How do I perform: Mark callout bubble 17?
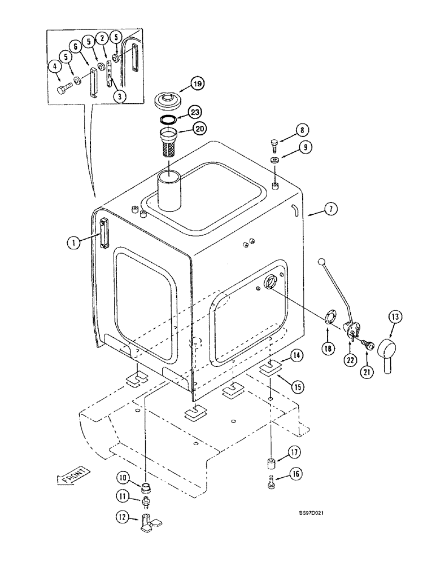click(x=295, y=452)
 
